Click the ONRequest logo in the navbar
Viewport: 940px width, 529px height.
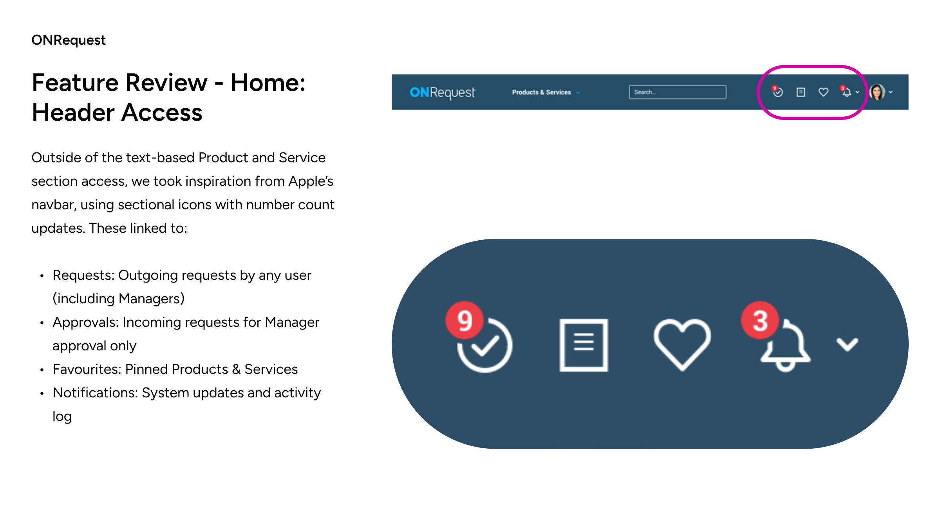442,92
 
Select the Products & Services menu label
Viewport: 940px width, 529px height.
541,92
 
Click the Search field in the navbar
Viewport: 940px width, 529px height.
678,92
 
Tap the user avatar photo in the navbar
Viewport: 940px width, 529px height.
877,92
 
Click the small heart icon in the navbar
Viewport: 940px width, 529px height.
823,92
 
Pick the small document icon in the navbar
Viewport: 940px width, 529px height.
801,92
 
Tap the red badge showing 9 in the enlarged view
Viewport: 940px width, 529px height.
465,320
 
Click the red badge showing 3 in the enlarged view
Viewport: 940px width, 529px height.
760,320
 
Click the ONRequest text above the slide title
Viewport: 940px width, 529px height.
69,40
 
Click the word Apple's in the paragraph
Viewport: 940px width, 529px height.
311,181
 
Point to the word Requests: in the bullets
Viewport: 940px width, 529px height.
83,275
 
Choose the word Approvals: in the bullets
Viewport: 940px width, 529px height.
86,322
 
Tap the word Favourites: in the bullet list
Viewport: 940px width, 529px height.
87,369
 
